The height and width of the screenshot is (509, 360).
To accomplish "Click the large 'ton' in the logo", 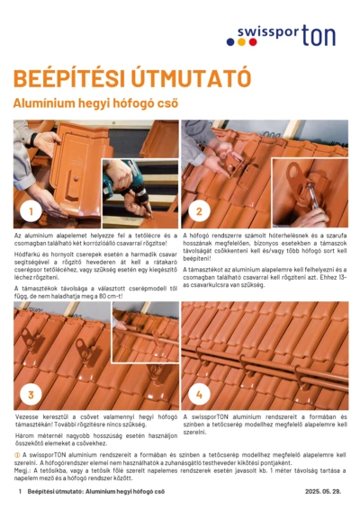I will [x=319, y=35].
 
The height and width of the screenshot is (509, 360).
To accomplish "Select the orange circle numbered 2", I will [x=198, y=212].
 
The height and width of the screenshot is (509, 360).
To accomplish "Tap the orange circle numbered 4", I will [x=198, y=394].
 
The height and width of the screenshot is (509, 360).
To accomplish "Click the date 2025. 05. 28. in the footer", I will [x=325, y=493].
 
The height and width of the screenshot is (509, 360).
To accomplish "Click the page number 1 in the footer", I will [x=19, y=493].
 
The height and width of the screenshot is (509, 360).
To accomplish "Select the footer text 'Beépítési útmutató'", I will [x=56, y=493].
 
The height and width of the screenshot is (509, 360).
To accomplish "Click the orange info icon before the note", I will [x=17, y=456].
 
